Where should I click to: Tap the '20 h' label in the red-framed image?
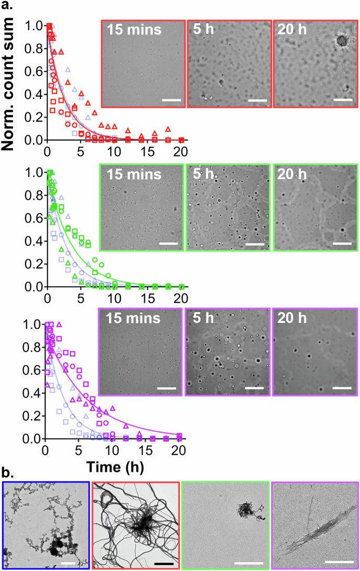click(x=293, y=30)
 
